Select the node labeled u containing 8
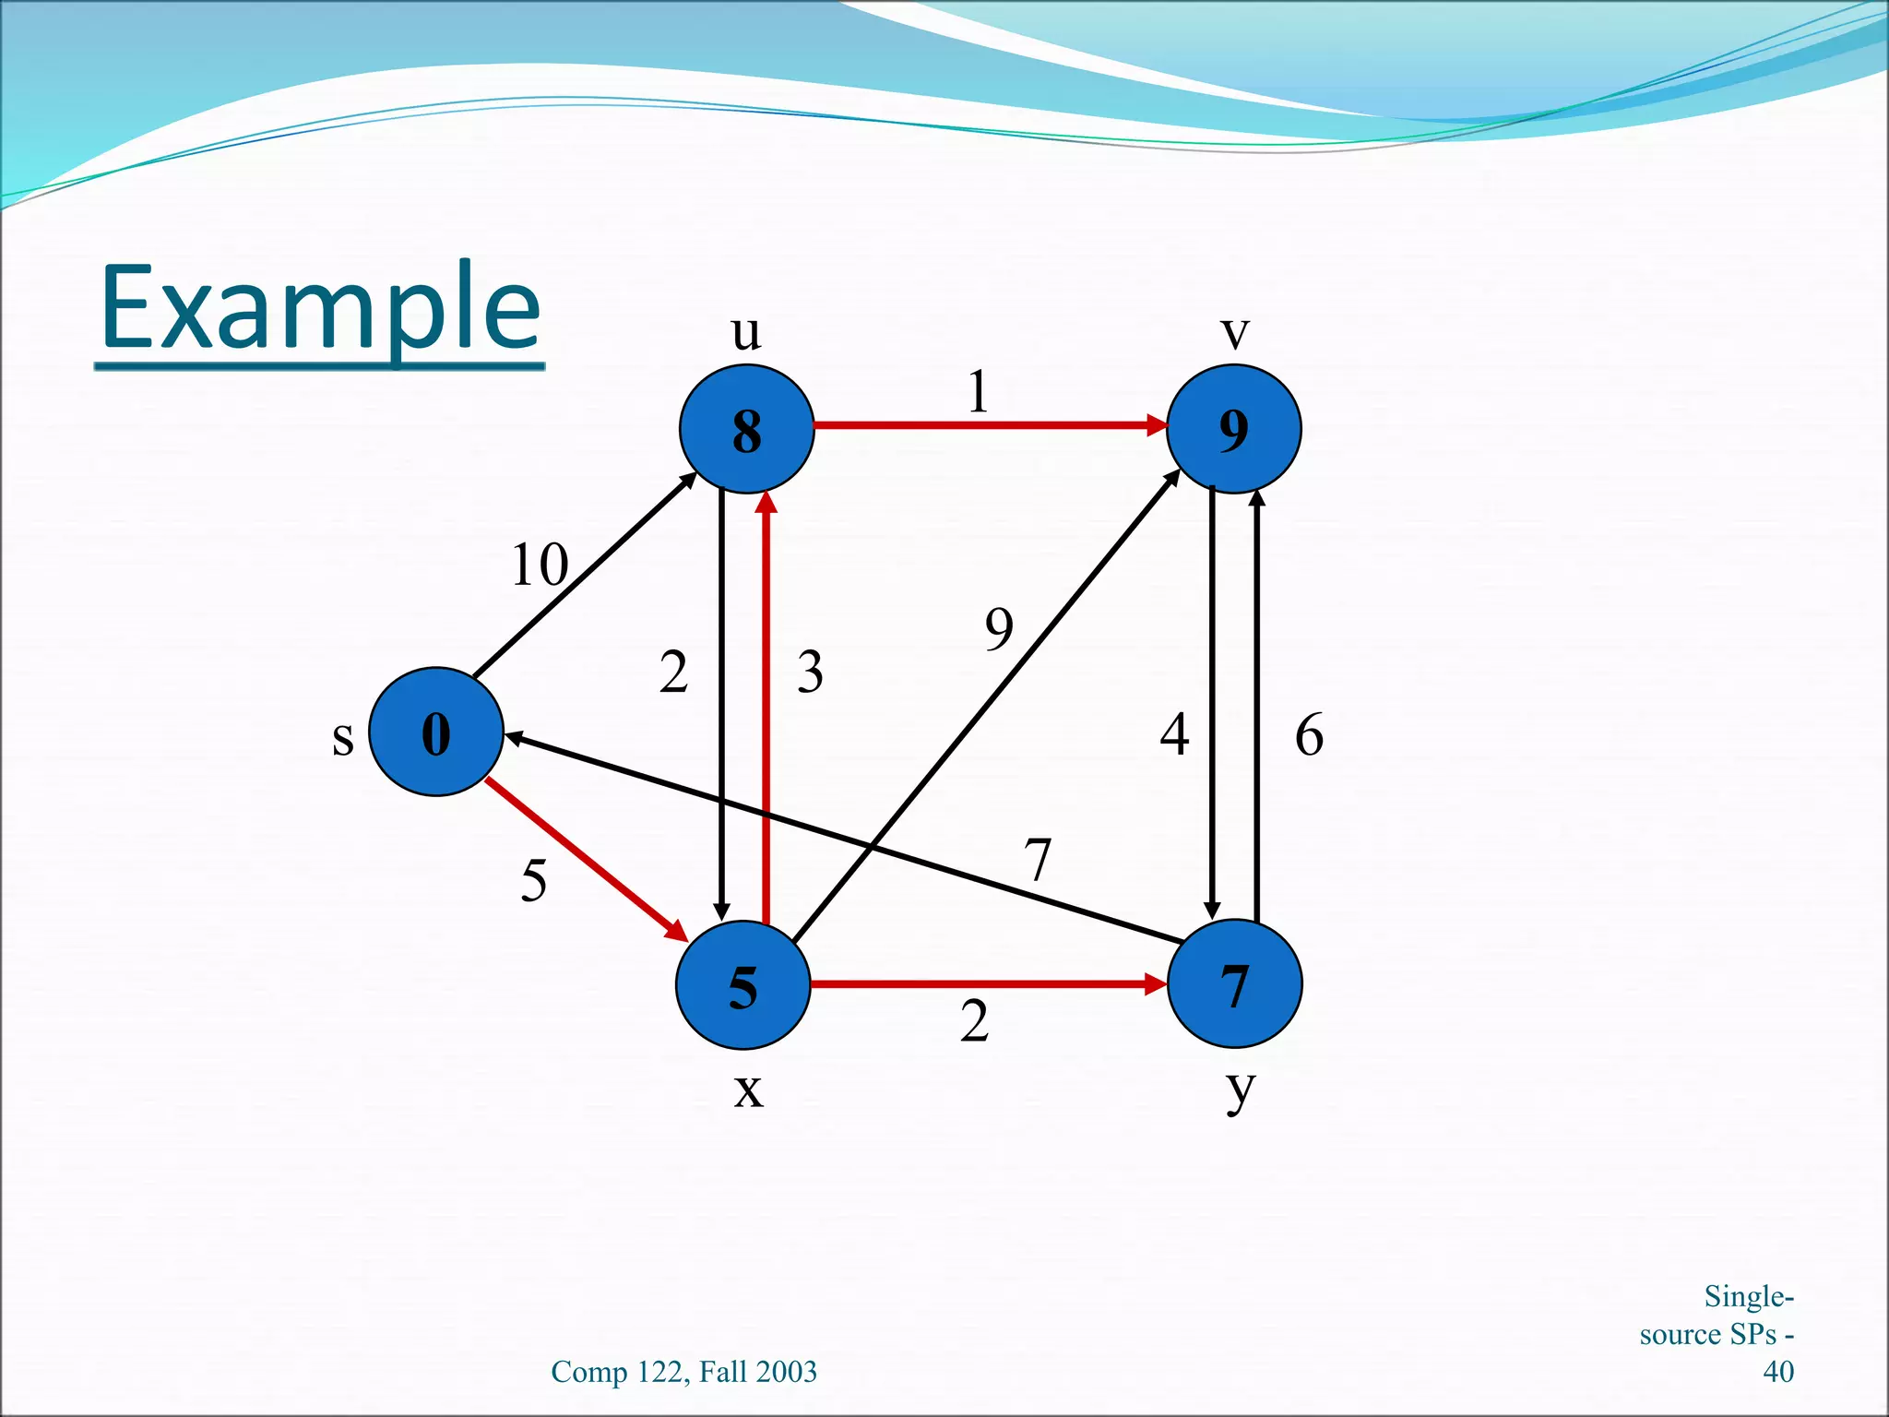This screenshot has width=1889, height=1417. (746, 429)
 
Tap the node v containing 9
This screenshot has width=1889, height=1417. (1233, 429)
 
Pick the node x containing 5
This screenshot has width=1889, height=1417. (743, 985)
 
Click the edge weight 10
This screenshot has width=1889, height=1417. (540, 565)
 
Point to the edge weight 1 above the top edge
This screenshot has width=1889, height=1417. (978, 392)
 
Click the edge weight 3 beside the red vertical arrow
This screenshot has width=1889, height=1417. (810, 672)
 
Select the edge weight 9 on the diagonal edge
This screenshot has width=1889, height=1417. (999, 629)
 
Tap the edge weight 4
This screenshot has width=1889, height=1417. (1174, 735)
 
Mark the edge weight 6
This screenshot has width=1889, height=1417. (1309, 735)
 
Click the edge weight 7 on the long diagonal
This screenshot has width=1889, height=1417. (1039, 860)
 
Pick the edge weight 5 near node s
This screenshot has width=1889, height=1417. (533, 880)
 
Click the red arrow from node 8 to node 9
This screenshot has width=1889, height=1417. (987, 425)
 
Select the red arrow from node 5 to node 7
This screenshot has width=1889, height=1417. (987, 984)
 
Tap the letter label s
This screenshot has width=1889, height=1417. (343, 738)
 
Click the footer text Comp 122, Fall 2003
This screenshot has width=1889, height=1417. (683, 1372)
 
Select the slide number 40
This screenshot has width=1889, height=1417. (1777, 1372)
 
